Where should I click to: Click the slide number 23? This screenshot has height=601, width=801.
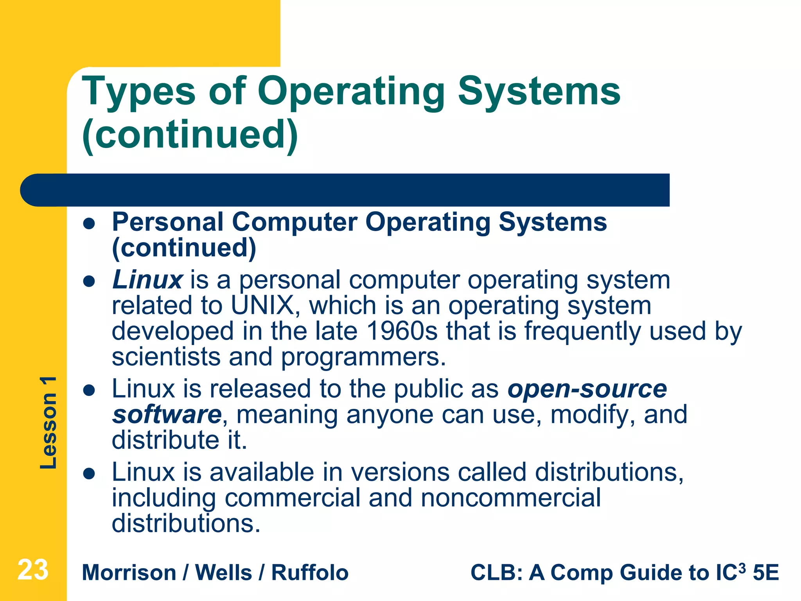[x=33, y=570]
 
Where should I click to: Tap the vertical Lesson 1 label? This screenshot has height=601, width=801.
[x=49, y=423]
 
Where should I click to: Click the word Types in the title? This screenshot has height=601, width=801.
[x=138, y=92]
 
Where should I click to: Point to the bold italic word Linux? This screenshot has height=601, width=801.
[x=147, y=280]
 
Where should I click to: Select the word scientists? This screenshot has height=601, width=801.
[x=166, y=357]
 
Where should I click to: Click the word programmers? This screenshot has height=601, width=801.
[x=363, y=358]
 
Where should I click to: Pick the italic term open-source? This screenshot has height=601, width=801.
[x=587, y=389]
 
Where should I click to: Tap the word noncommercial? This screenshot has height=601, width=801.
[x=510, y=498]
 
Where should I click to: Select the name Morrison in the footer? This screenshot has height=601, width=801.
[x=129, y=573]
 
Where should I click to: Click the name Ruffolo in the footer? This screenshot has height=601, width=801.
[x=310, y=573]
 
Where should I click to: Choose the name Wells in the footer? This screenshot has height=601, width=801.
[x=223, y=573]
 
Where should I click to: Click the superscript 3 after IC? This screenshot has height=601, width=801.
[x=741, y=567]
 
